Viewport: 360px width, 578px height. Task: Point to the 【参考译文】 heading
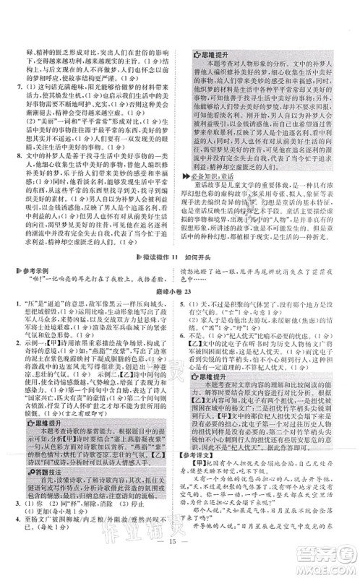[x=205, y=454]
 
